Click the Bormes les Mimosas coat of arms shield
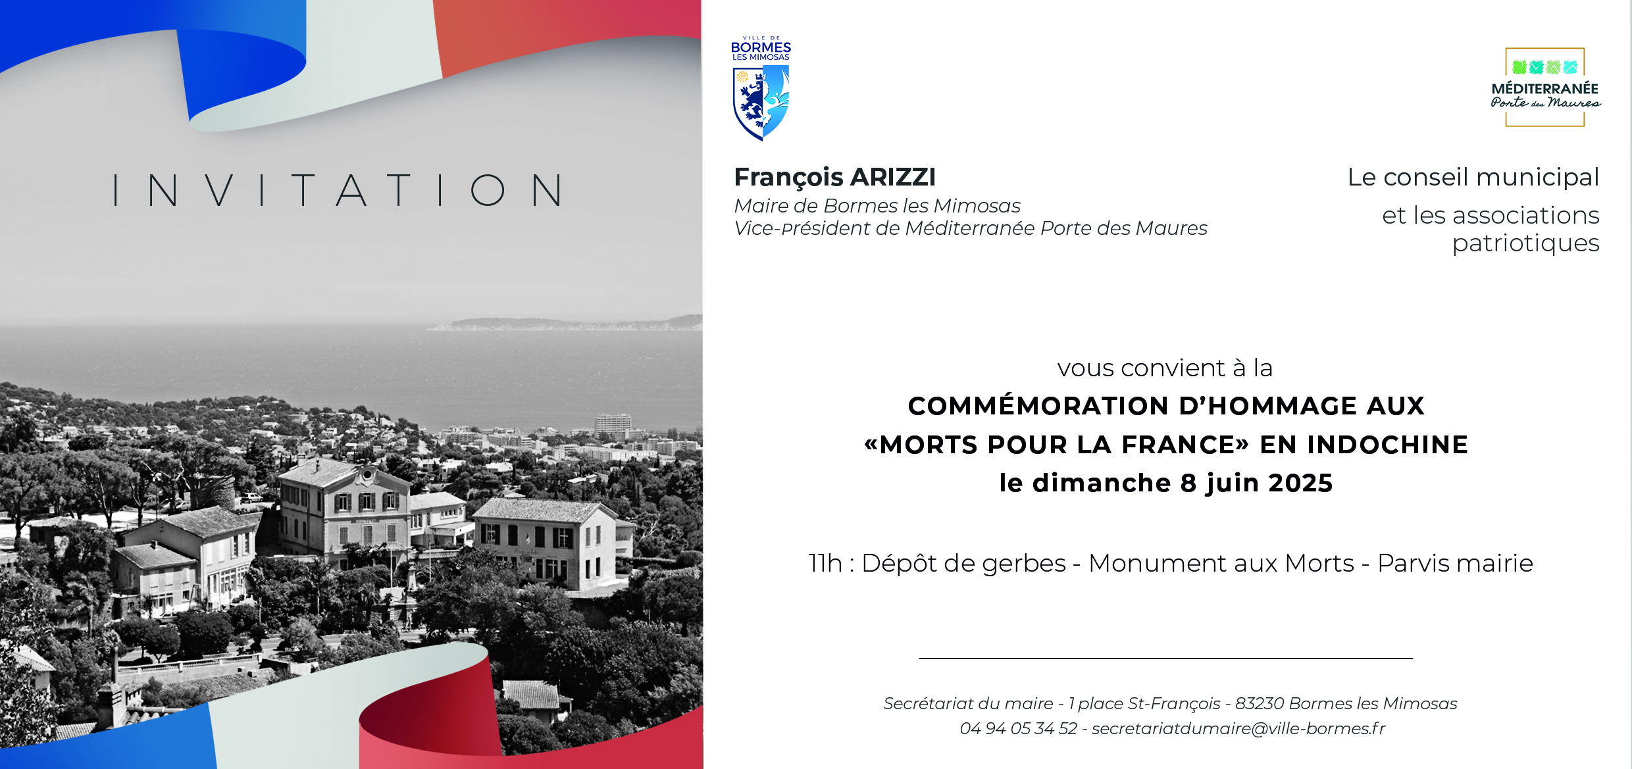click(x=761, y=103)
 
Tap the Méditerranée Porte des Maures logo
click(x=1545, y=87)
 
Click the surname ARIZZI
click(x=894, y=177)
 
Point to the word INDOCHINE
click(x=1388, y=445)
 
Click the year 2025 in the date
click(x=1301, y=483)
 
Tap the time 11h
click(x=825, y=563)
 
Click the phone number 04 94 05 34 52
click(x=1019, y=728)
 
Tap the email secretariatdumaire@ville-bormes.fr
click(x=1238, y=728)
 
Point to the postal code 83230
click(x=1260, y=703)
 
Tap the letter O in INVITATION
click(x=488, y=190)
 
